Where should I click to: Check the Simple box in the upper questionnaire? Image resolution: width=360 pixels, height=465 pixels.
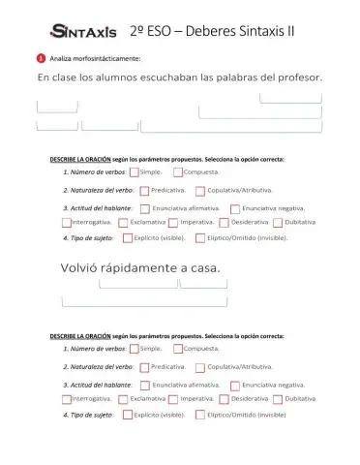pyautogui.click(x=134, y=172)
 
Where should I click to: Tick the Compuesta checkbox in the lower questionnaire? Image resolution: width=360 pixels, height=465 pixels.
pyautogui.click(x=178, y=350)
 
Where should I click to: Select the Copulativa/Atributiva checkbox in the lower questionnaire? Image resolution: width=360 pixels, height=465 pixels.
pyautogui.click(x=200, y=368)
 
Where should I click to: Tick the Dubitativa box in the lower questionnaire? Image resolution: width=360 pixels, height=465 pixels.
pyautogui.click(x=278, y=399)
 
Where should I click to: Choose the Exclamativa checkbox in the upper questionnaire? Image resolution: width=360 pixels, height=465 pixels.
pyautogui.click(x=123, y=222)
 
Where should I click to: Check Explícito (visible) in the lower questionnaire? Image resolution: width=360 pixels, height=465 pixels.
pyautogui.click(x=127, y=415)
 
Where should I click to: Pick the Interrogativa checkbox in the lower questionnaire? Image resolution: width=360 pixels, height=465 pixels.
pyautogui.click(x=67, y=399)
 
